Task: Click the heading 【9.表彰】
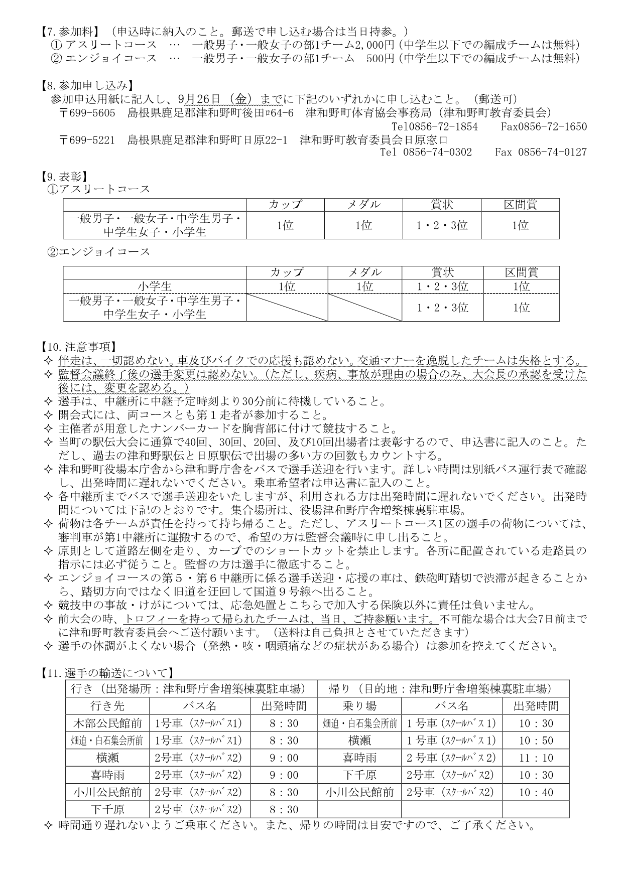tap(63, 176)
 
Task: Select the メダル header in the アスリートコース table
tap(363, 205)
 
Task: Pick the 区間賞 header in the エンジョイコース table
tap(521, 272)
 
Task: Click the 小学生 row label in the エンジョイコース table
tap(155, 286)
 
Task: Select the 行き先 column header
tap(107, 706)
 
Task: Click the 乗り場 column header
tap(359, 706)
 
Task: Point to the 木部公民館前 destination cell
tap(107, 723)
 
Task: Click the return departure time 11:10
tap(536, 758)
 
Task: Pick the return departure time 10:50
tap(536, 741)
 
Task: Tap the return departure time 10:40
tap(536, 792)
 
